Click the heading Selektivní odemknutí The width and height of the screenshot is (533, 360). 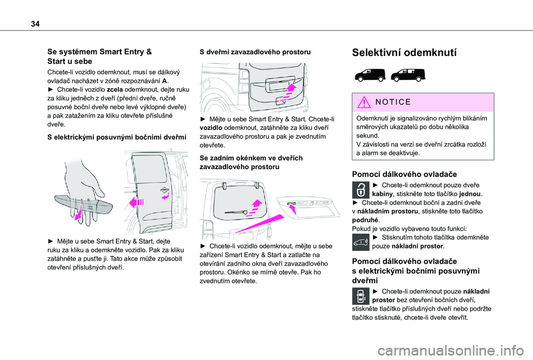(405, 53)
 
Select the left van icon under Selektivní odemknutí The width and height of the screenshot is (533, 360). (369, 74)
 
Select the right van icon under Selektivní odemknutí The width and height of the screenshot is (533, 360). (409, 74)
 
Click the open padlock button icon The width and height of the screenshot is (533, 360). (361, 189)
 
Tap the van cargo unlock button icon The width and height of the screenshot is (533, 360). (361, 242)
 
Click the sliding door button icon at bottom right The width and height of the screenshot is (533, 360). (361, 297)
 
